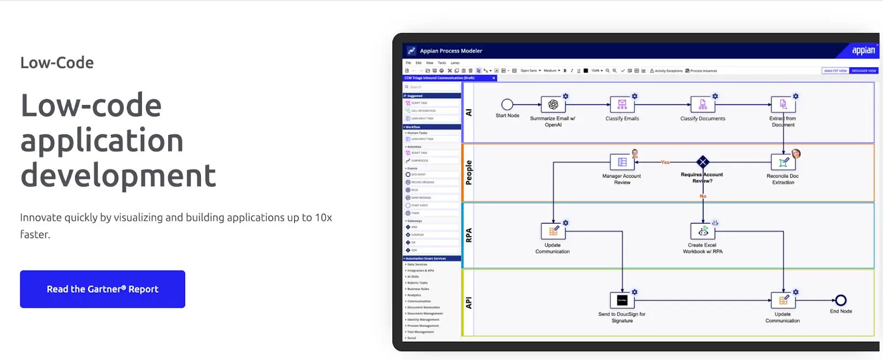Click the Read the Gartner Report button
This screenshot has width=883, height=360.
(x=103, y=289)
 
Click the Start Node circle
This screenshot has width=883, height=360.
(x=507, y=104)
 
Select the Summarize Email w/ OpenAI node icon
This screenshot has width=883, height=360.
(x=553, y=105)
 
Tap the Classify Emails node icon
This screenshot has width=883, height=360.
(x=622, y=105)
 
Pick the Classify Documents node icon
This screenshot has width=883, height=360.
(x=703, y=105)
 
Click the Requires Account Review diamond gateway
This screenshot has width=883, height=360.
(x=703, y=162)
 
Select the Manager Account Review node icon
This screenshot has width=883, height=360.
(x=622, y=162)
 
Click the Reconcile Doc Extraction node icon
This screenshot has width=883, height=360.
(x=783, y=162)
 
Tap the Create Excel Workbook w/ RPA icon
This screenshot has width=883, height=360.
(x=703, y=231)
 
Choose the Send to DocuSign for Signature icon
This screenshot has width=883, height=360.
(x=622, y=300)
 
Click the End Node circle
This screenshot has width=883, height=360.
(x=841, y=300)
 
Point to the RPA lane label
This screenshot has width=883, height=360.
(x=469, y=235)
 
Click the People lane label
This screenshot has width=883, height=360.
(x=469, y=172)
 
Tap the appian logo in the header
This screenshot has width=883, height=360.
(x=863, y=50)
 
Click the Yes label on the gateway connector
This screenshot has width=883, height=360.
(x=665, y=162)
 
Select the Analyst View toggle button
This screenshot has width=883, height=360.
(x=835, y=71)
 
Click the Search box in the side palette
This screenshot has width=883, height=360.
(x=432, y=87)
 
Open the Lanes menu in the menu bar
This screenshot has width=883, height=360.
(x=455, y=63)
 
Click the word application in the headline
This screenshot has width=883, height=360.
(x=102, y=140)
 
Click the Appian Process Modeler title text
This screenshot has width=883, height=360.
(x=451, y=51)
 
